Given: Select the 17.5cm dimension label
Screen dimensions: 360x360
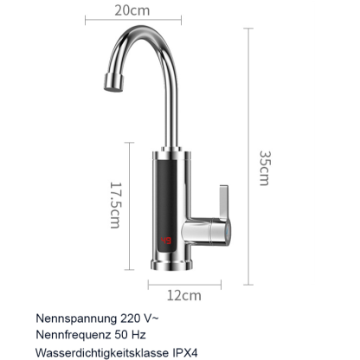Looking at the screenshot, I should point(114,205).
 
